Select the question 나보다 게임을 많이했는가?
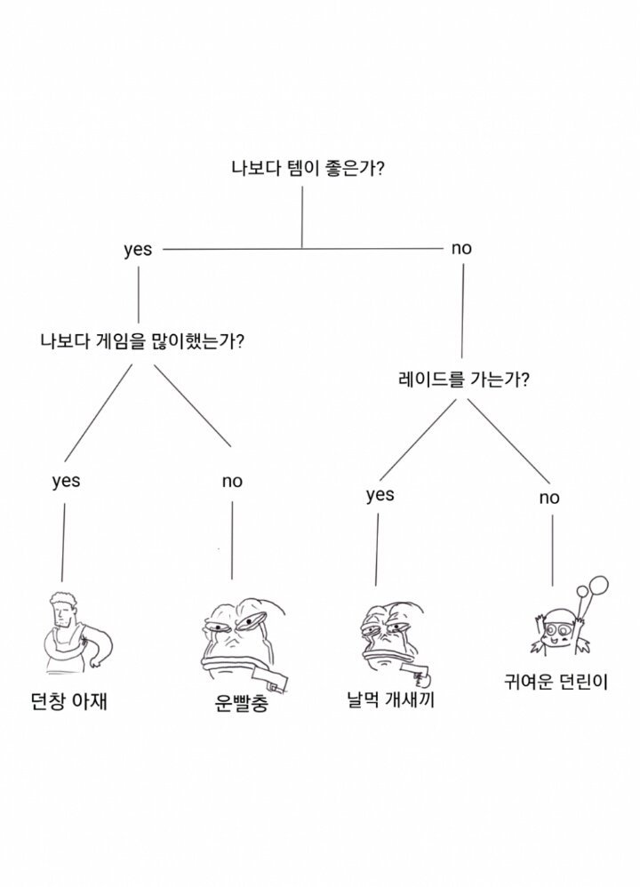142,341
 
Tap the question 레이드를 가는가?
464,379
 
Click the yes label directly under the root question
138,250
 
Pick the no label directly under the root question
461,248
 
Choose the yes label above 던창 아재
66,482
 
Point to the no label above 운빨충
232,482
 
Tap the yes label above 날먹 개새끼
380,495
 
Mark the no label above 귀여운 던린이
549,498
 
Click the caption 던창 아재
68,702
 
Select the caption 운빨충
241,703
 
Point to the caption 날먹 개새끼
390,700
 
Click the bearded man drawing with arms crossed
77,633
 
